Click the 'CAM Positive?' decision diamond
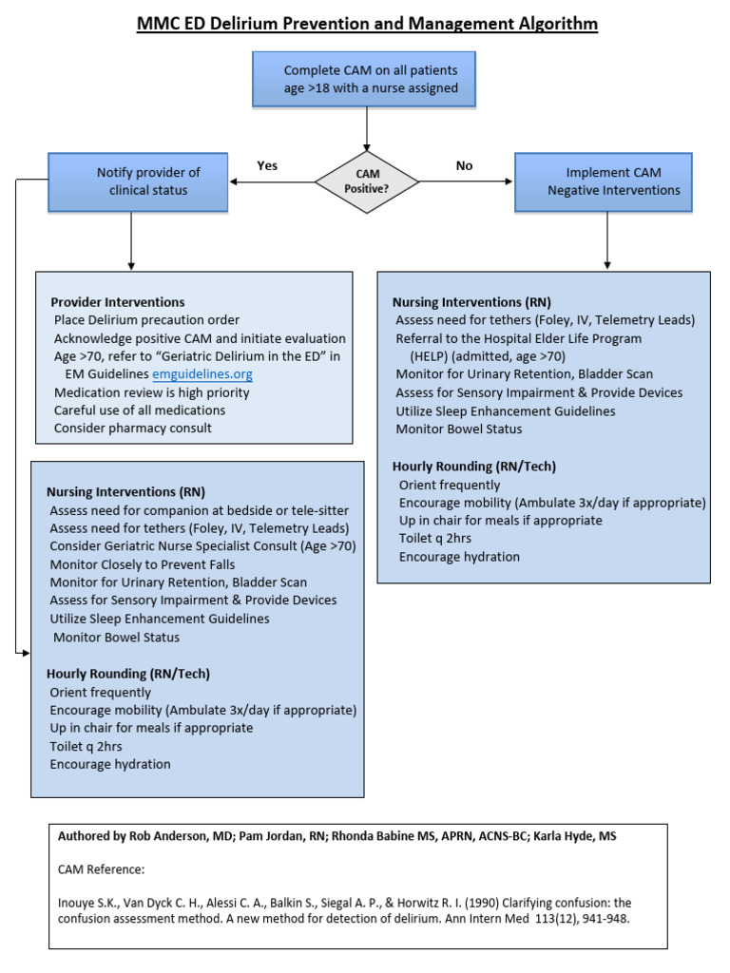pyautogui.click(x=366, y=181)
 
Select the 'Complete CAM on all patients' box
pyautogui.click(x=364, y=79)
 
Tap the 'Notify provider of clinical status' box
pyautogui.click(x=139, y=181)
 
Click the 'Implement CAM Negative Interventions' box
pyautogui.click(x=604, y=181)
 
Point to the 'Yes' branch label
pyautogui.click(x=267, y=165)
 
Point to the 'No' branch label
pyautogui.click(x=464, y=165)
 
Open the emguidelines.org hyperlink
pyautogui.click(x=202, y=374)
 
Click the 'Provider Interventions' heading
pyautogui.click(x=117, y=302)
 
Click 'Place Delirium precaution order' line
pyautogui.click(x=146, y=320)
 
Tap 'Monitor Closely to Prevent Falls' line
pyautogui.click(x=143, y=564)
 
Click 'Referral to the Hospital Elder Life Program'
pyautogui.click(x=518, y=338)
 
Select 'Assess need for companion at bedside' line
pyautogui.click(x=199, y=510)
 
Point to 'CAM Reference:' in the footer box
pyautogui.click(x=102, y=868)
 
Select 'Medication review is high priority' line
pyautogui.click(x=151, y=392)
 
